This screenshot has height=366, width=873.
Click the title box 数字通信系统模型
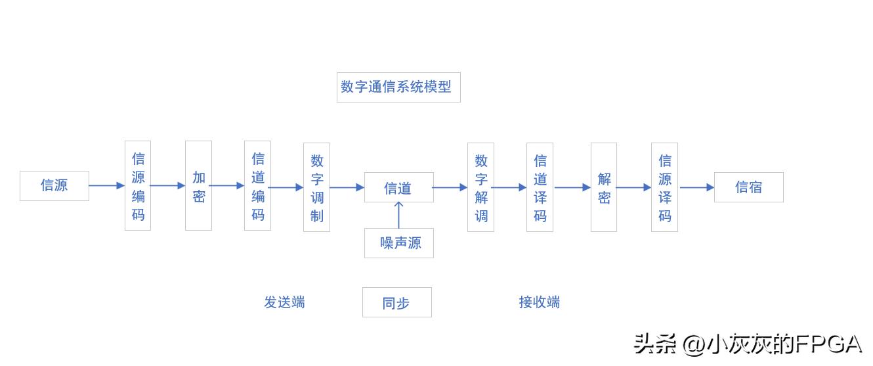pos(398,87)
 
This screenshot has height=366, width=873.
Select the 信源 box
pos(54,185)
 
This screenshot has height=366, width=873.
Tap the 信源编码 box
pos(138,186)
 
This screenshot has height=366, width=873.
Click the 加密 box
pos(198,186)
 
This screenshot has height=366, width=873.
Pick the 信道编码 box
pos(257,186)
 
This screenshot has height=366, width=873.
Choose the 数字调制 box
pos(316,187)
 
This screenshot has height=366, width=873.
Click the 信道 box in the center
pos(398,187)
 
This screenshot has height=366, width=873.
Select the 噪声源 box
pos(398,243)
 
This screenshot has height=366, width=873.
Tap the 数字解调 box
pos(480,187)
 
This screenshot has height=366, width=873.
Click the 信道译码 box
pos(540,187)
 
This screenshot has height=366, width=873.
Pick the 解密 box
pos(604,187)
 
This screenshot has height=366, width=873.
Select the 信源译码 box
pos(664,187)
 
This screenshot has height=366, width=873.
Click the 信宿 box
pos(748,187)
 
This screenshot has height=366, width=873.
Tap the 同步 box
pos(396,302)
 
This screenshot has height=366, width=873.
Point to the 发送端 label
pos(284,302)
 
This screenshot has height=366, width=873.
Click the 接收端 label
pos(539,302)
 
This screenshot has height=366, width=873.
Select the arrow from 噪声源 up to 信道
pos(398,216)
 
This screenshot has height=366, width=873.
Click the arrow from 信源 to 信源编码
pos(106,185)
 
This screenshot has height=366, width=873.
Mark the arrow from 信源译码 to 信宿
pos(696,187)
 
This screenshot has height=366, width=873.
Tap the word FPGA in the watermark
pos(828,344)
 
